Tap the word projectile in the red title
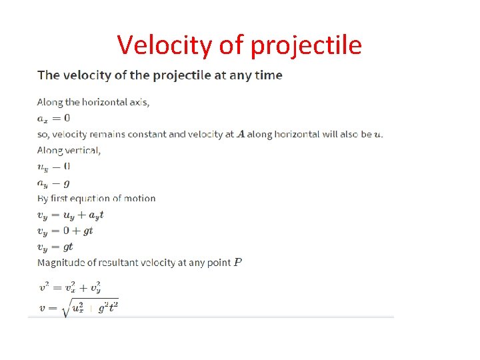(307, 45)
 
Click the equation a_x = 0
(53, 119)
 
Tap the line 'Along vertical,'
(69, 150)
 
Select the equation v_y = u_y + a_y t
(70, 215)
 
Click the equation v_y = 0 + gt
(65, 231)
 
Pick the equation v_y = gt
(55, 247)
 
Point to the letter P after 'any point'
(238, 262)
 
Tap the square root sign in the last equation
(65, 309)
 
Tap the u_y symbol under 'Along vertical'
(42, 167)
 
